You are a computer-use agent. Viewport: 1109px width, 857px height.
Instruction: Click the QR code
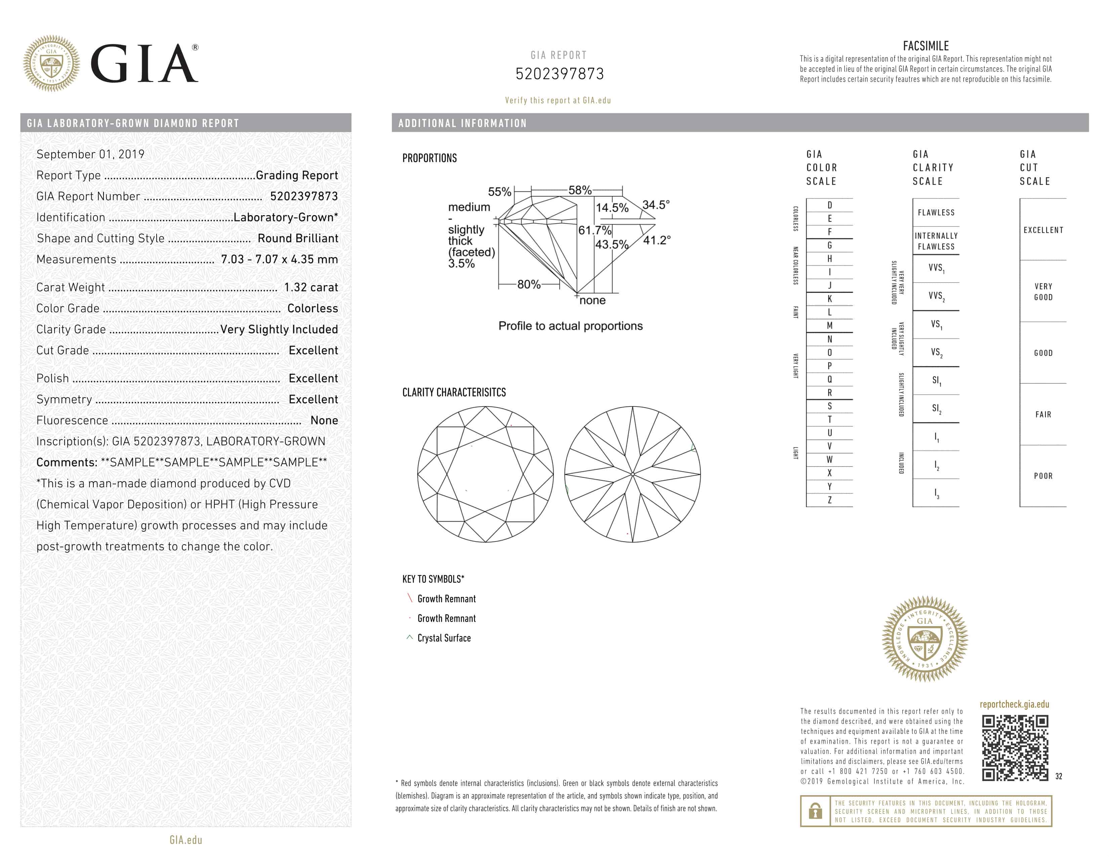1015,747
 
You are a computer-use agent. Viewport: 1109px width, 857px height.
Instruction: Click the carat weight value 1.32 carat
311,287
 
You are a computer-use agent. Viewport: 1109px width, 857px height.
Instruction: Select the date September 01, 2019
90,154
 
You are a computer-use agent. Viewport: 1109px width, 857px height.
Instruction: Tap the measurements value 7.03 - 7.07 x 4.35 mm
279,259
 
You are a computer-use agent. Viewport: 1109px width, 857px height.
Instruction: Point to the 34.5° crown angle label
656,205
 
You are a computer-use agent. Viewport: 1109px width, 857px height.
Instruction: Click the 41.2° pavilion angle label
657,240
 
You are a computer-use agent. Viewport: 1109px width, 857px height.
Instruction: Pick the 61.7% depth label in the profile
594,231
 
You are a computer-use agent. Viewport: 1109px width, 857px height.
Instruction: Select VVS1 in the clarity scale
936,268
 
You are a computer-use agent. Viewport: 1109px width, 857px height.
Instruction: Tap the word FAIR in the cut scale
1043,415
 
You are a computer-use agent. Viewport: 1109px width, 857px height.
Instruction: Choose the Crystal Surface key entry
444,638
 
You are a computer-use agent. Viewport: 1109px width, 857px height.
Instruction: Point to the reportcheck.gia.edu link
1014,704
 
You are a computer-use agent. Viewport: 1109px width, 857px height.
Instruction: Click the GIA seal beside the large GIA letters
51,64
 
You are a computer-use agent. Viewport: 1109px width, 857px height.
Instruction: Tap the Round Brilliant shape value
297,239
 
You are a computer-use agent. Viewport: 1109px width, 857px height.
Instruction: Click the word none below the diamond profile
592,300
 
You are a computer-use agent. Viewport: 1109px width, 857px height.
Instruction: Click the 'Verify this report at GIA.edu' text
558,100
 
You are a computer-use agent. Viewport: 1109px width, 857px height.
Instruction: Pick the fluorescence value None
324,420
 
